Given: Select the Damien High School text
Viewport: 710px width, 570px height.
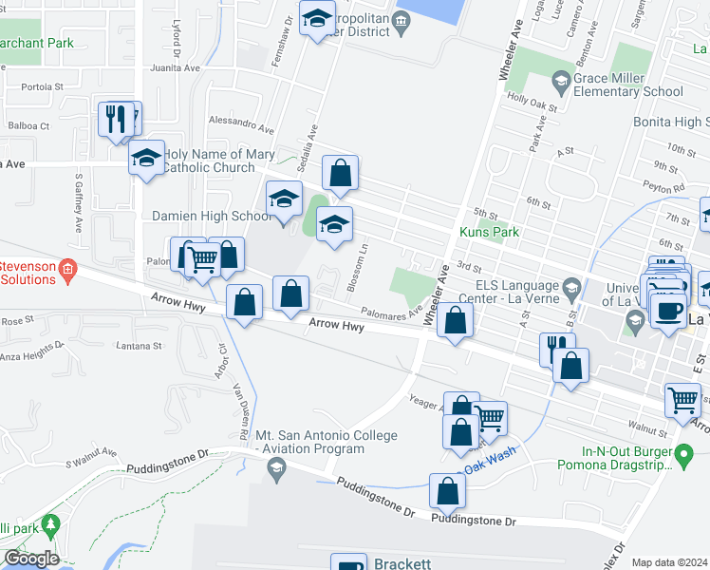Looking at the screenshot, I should pos(212,217).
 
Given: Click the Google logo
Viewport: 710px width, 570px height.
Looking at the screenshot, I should pos(30,559).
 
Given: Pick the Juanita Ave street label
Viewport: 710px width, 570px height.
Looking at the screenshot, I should pos(176,68).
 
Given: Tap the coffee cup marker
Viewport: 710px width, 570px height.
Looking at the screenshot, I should pos(667,309).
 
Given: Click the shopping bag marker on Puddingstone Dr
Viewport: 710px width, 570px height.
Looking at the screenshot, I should pos(447,490).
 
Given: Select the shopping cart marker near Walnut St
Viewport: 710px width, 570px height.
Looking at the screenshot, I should pos(682,400).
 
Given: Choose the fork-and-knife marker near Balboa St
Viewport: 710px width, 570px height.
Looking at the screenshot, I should pos(115,119).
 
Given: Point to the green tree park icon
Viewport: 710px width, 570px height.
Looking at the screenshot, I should pos(52,522).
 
